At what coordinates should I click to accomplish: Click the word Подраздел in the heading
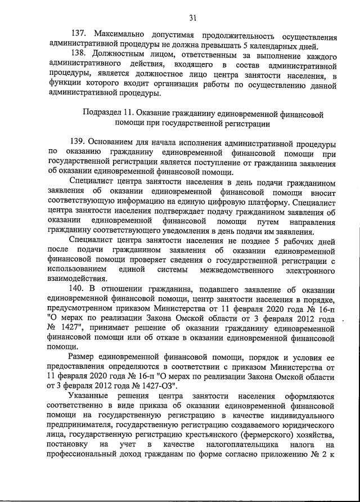click(103, 113)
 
